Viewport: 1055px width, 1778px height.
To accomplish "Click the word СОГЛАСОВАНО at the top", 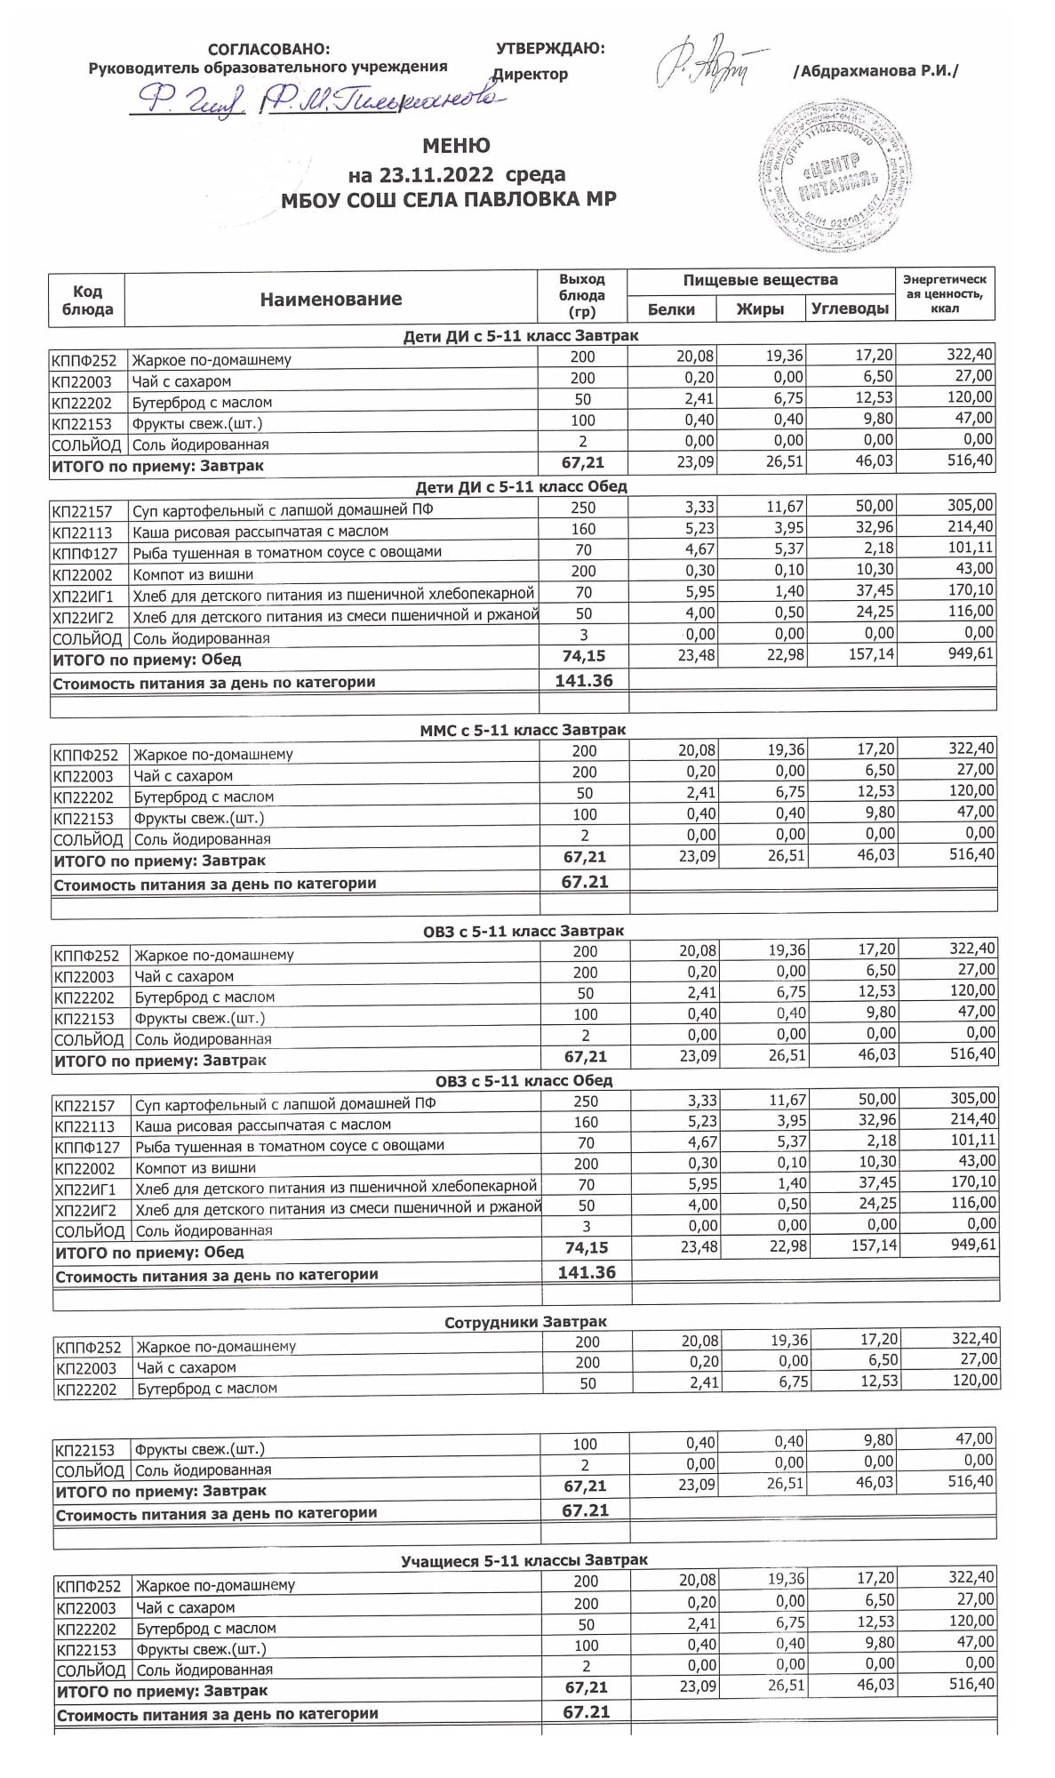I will pyautogui.click(x=268, y=49).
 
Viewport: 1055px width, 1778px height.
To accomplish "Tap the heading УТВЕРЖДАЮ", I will pyautogui.click(x=550, y=48).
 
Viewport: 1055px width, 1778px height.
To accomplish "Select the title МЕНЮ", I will pyautogui.click(x=456, y=145).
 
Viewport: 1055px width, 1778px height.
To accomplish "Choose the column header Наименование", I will pyautogui.click(x=331, y=300).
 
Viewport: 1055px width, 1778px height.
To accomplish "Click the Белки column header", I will pyautogui.click(x=671, y=308).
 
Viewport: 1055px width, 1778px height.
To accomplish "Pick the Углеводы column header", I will pyautogui.click(x=850, y=308).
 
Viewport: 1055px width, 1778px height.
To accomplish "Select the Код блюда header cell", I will pyautogui.click(x=87, y=300).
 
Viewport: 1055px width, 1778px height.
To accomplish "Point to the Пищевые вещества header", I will pyautogui.click(x=760, y=280).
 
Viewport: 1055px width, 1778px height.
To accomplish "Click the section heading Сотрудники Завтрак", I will pyautogui.click(x=525, y=1322).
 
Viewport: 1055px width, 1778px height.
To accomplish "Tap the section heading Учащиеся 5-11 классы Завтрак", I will pyautogui.click(x=524, y=1559).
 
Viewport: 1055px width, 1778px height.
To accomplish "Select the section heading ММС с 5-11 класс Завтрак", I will pyautogui.click(x=523, y=730).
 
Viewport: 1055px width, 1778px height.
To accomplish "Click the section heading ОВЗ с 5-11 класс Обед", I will pyautogui.click(x=524, y=1081).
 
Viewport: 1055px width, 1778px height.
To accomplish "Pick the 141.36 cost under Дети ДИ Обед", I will pyautogui.click(x=583, y=681).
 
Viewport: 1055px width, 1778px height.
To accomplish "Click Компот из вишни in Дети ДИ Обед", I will pyautogui.click(x=193, y=574).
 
